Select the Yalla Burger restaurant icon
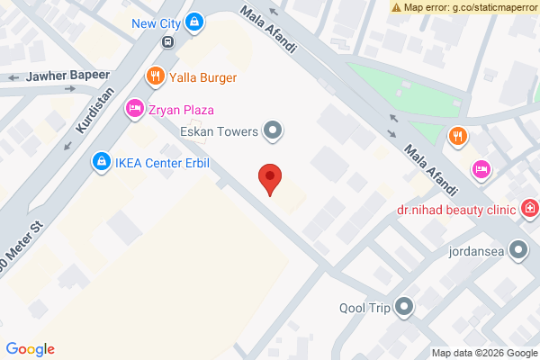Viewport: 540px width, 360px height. coord(156,76)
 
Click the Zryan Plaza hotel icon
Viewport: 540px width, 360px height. coord(134,110)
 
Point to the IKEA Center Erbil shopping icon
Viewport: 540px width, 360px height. coord(101,162)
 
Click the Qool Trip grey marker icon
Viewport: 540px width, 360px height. coord(405,308)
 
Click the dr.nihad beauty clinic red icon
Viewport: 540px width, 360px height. coord(530,210)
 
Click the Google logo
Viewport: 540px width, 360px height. coord(30,349)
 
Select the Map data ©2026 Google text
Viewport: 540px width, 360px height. coord(483,353)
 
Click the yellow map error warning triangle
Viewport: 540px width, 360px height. coord(397,6)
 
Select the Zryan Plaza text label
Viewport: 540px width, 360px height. coord(181,110)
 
